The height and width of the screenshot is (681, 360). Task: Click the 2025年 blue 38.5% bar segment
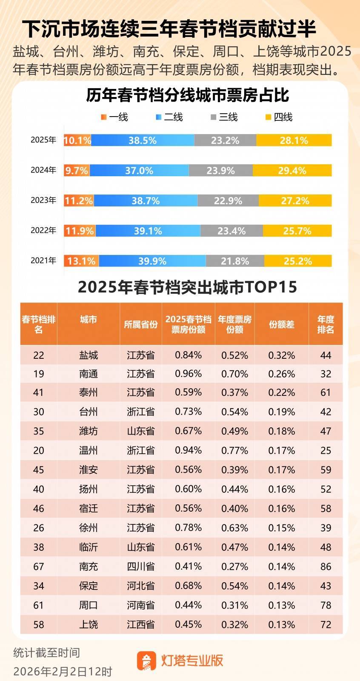click(x=143, y=140)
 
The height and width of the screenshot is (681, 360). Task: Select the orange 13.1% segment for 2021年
click(x=81, y=261)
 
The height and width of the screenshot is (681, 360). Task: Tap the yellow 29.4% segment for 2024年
click(x=292, y=171)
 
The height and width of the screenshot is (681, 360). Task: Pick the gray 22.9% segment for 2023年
click(x=228, y=200)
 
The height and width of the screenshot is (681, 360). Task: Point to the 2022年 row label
click(x=43, y=231)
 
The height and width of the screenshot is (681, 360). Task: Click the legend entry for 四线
click(x=279, y=117)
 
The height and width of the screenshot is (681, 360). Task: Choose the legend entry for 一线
click(x=114, y=117)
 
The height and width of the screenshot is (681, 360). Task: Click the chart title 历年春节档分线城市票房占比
click(x=187, y=95)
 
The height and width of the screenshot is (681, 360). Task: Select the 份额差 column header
click(x=281, y=324)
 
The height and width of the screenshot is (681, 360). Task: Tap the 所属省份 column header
click(x=140, y=324)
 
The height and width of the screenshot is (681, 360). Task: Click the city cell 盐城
click(x=89, y=355)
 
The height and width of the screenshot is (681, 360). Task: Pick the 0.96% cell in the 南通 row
click(x=188, y=374)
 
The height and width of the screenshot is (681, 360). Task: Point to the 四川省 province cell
click(x=140, y=567)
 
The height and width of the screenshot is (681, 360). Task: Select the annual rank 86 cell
click(x=326, y=567)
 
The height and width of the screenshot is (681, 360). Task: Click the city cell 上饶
click(x=89, y=624)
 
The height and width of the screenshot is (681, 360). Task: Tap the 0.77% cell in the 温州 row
click(x=234, y=450)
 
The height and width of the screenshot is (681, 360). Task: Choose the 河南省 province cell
click(x=140, y=605)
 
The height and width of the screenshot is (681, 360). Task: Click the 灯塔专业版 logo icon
click(x=146, y=660)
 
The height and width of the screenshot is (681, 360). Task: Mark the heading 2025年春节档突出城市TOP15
click(x=187, y=287)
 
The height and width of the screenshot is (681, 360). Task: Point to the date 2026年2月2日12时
click(x=63, y=671)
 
